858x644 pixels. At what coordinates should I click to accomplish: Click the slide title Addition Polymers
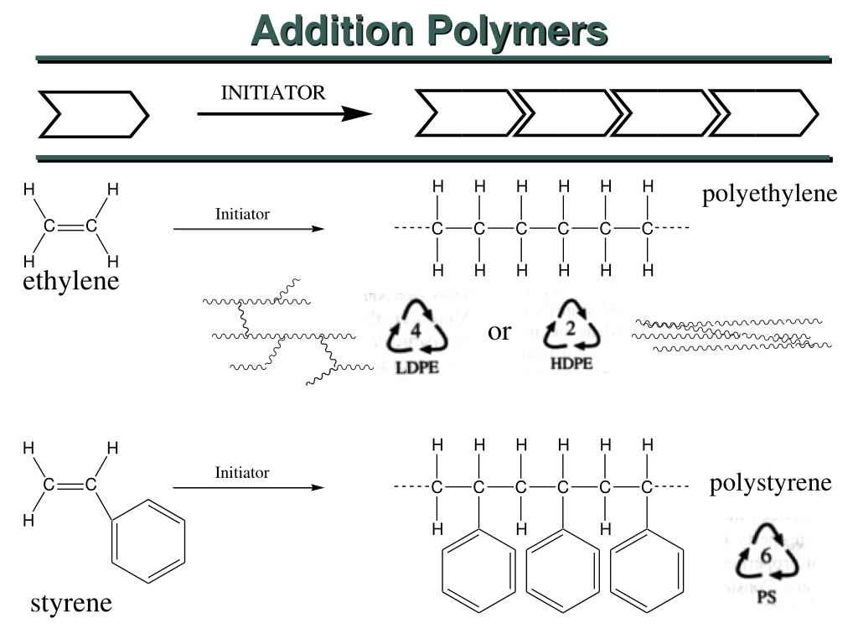[x=429, y=31]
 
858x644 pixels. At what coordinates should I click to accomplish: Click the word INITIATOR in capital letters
[x=272, y=93]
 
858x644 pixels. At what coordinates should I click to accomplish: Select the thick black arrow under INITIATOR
[x=285, y=114]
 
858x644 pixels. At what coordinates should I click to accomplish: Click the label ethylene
[x=71, y=282]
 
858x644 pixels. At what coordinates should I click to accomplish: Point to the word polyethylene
[x=769, y=195]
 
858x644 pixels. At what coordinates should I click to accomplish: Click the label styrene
[x=71, y=603]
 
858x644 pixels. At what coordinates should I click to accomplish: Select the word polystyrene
[x=770, y=483]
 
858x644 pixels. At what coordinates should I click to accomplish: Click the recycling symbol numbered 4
[x=416, y=332]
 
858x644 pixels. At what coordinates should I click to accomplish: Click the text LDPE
[x=417, y=367]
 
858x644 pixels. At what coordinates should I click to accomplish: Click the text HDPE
[x=571, y=363]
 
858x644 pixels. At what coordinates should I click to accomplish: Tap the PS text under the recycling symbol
[x=766, y=598]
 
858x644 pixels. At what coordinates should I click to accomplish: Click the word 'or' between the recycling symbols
[x=499, y=333]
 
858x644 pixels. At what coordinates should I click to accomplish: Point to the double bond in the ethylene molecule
[x=70, y=226]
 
